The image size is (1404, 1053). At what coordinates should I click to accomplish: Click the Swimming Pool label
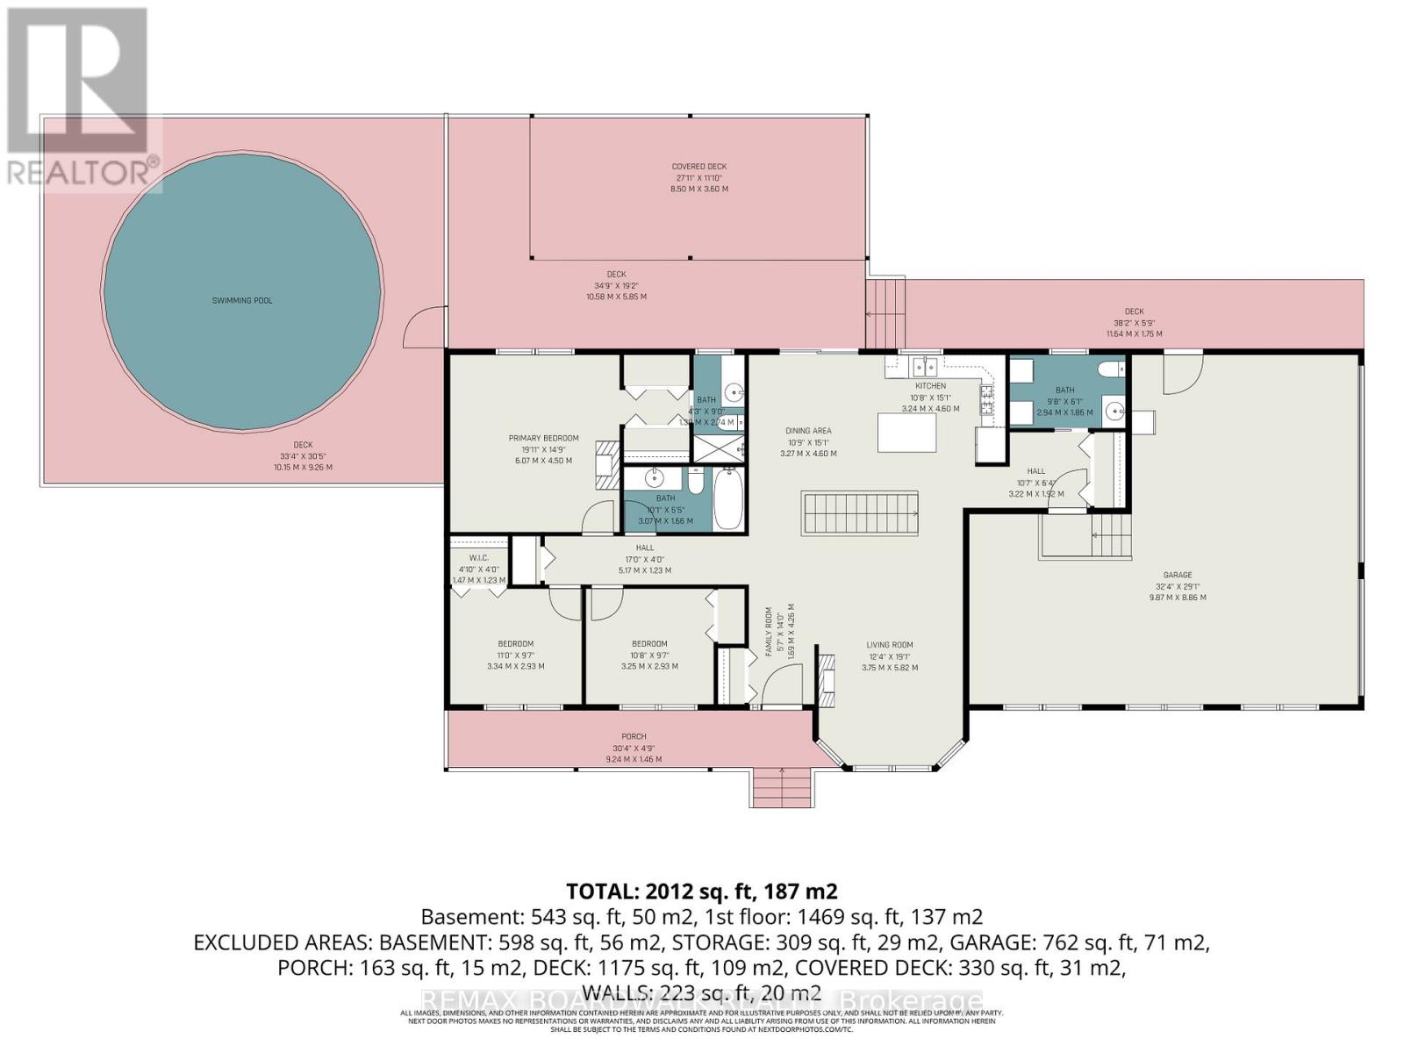(x=242, y=301)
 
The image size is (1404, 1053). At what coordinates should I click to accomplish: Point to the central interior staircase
(x=859, y=512)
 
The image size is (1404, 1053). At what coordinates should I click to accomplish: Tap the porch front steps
(x=782, y=787)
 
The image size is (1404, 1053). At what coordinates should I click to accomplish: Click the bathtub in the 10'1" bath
(x=728, y=500)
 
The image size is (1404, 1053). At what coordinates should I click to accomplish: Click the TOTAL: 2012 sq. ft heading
(x=701, y=892)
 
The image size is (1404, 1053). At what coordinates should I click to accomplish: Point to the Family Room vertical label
(x=768, y=632)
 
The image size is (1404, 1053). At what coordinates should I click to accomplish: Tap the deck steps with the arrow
(x=885, y=313)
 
